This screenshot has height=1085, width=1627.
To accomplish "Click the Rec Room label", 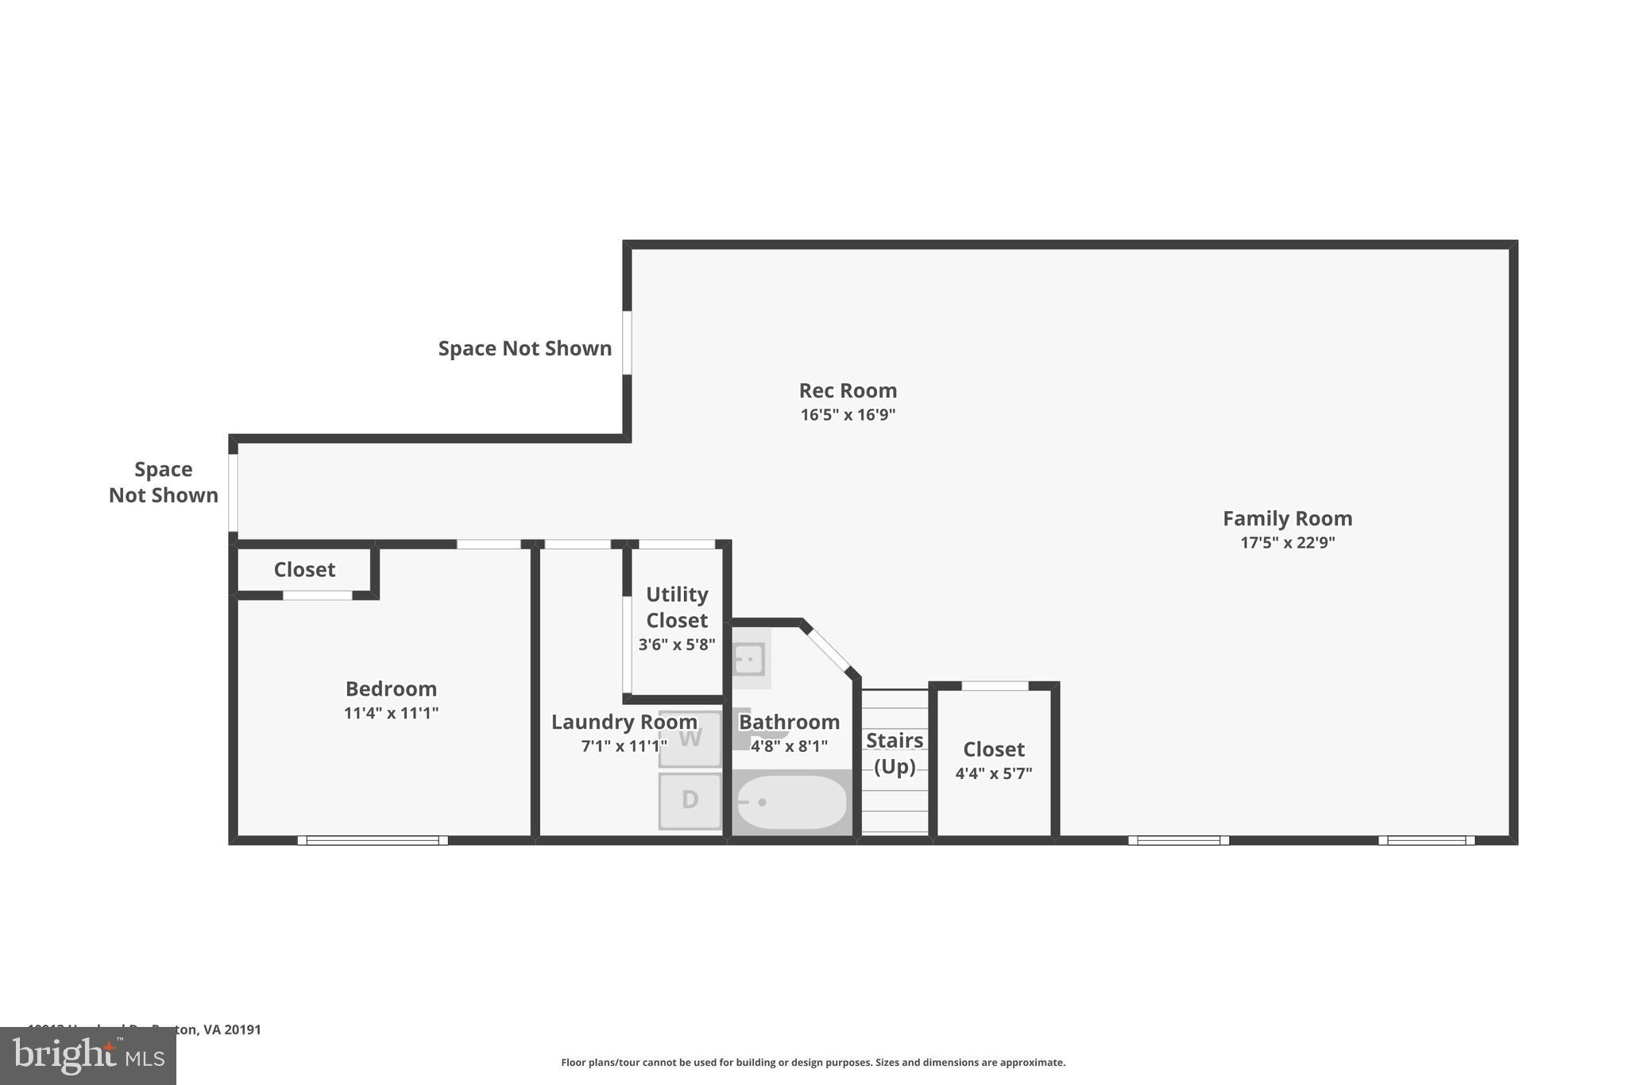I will pos(848,390).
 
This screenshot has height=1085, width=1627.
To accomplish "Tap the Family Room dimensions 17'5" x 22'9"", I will pos(1287,543).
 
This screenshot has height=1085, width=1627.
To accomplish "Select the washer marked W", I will pos(690,738).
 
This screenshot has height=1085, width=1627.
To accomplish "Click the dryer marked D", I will pos(690,800).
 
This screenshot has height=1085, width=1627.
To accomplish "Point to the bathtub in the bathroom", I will pos(791,802).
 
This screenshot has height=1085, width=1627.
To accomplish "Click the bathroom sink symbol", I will pos(748,659).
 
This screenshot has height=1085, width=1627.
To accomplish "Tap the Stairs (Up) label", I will pos(895,753).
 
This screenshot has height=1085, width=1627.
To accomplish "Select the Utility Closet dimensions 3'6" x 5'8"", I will pos(677,645).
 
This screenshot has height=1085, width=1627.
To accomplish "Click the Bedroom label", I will pos(391,688).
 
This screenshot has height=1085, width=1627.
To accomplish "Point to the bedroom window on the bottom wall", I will pos(372,840).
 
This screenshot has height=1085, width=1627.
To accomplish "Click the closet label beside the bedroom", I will pos(304,570).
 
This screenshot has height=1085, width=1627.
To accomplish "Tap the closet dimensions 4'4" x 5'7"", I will pos(993,773).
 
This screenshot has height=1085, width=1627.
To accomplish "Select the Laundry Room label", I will pos(624,722).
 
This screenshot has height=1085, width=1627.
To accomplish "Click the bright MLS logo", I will pos(87,1056).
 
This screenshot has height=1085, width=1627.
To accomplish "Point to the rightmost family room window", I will pos(1426,840).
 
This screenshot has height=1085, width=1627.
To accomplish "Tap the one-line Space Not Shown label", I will pos(524,348).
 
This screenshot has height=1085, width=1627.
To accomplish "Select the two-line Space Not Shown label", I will pos(163,482).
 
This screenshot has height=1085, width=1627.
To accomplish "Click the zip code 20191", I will pos(242,1029).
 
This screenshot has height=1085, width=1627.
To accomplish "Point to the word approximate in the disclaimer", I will pos(1031,1063).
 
